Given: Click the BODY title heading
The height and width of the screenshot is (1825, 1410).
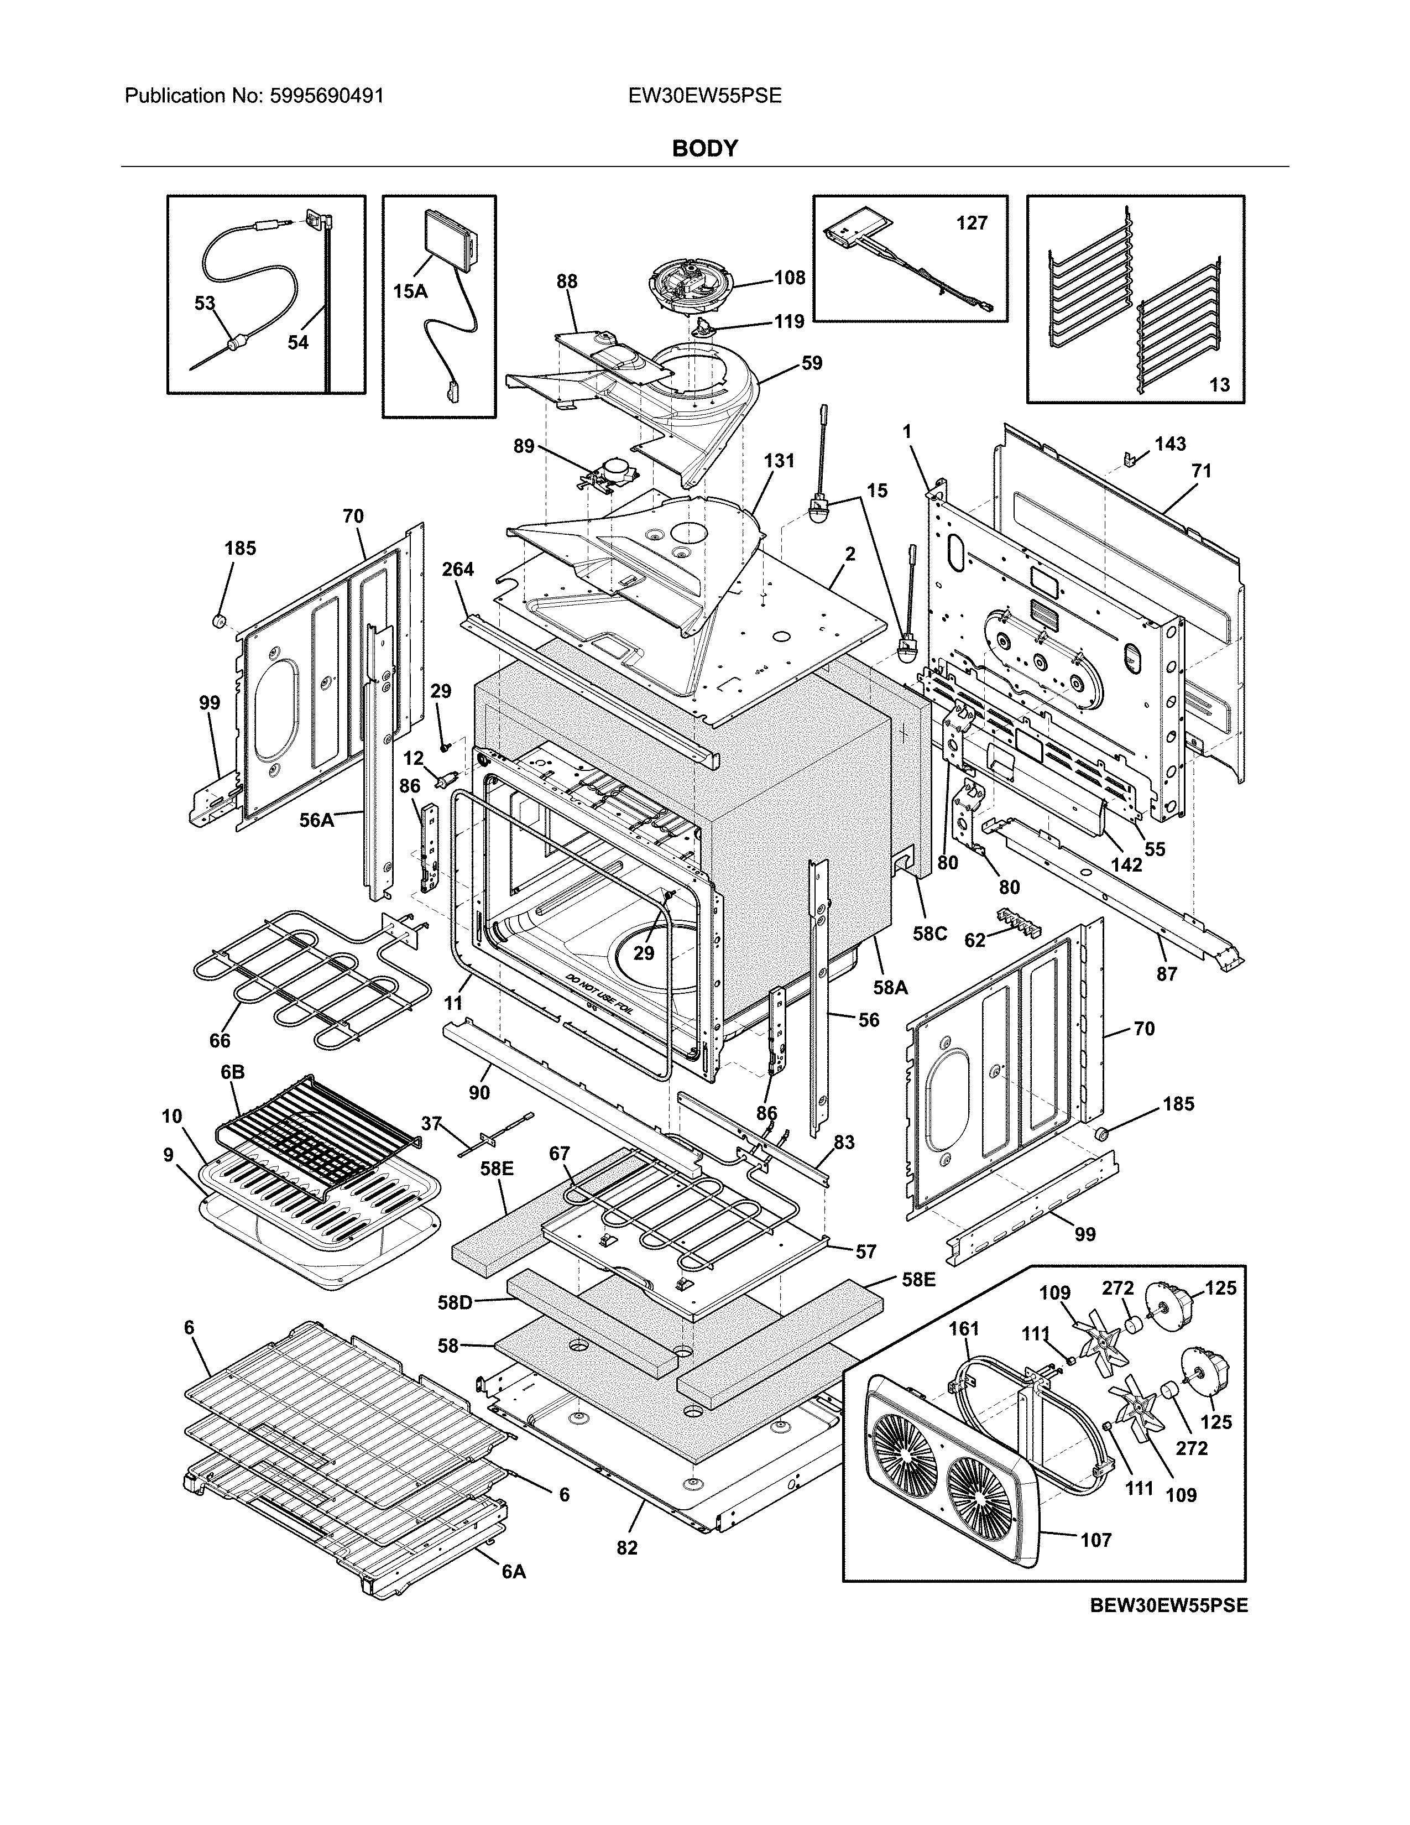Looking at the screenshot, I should tap(705, 149).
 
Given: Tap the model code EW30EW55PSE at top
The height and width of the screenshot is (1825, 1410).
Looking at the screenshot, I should tap(705, 96).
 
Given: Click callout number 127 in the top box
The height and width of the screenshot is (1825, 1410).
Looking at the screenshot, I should tap(972, 223).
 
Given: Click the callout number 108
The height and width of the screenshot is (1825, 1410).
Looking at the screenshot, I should tap(790, 278).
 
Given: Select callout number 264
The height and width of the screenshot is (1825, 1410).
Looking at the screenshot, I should tap(458, 569).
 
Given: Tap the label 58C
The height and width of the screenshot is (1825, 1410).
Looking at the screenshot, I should tap(929, 934).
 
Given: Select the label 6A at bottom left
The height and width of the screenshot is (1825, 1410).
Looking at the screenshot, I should tap(514, 1572).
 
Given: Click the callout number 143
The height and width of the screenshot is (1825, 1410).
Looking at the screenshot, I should tap(1170, 444).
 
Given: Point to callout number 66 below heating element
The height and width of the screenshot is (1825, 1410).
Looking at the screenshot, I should tap(220, 1040).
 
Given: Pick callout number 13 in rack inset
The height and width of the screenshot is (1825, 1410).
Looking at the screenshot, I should tap(1220, 384).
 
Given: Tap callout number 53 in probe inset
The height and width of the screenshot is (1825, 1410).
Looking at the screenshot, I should tap(205, 303).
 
